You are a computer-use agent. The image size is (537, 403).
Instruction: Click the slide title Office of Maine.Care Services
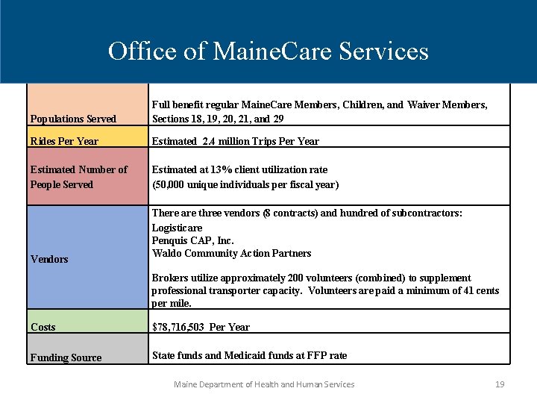pos(268,51)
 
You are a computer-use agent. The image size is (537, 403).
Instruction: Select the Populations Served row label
pos(73,119)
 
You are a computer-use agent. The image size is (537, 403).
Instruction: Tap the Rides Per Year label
pos(64,141)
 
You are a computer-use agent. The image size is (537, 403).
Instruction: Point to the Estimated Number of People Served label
pos(78,177)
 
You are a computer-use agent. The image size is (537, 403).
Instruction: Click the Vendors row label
pos(49,259)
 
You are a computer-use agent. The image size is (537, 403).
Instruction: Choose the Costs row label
pos(43,327)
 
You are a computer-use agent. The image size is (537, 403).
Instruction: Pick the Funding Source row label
pos(66,357)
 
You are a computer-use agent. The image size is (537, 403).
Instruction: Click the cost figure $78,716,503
pos(179,327)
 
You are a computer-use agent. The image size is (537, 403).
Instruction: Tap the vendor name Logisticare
pos(177,228)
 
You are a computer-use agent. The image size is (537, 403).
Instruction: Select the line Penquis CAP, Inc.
pos(192,240)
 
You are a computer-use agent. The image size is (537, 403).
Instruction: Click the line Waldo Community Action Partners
pos(231,253)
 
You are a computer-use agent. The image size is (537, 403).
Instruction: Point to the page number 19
pos(500,384)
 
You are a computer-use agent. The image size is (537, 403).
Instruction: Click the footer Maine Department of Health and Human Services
pos(264,384)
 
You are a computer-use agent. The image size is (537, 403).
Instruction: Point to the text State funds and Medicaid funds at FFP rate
pos(249,355)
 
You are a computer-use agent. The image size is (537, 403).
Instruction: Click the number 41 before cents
pos(468,290)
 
